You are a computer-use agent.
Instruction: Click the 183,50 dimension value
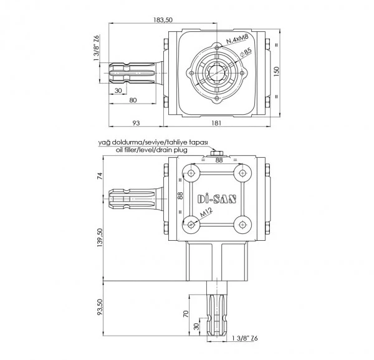pyautogui.click(x=163, y=20)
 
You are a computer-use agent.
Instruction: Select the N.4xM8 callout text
pyautogui.click(x=237, y=39)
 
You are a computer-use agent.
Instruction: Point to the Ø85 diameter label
pyautogui.click(x=246, y=52)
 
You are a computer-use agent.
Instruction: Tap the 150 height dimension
pyautogui.click(x=276, y=71)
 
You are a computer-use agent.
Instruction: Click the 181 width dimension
pyautogui.click(x=216, y=123)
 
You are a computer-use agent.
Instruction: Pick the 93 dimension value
pyautogui.click(x=136, y=123)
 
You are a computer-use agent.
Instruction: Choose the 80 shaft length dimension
pyautogui.click(x=133, y=100)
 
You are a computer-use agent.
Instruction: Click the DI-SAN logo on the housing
pyautogui.click(x=217, y=199)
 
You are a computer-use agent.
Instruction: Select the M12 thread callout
pyautogui.click(x=206, y=213)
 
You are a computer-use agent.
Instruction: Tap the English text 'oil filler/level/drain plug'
pyautogui.click(x=151, y=150)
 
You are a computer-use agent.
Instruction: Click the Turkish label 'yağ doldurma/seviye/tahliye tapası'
pyautogui.click(x=153, y=142)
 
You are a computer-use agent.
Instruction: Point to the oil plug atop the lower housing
pyautogui.click(x=216, y=153)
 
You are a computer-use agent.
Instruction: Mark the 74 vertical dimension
pyautogui.click(x=100, y=176)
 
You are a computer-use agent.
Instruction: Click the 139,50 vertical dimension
pyautogui.click(x=100, y=238)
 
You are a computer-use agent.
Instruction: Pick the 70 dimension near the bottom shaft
pyautogui.click(x=186, y=313)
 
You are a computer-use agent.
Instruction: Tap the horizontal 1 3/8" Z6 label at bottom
pyautogui.click(x=245, y=338)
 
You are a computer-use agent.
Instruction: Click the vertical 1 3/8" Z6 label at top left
pyautogui.click(x=96, y=48)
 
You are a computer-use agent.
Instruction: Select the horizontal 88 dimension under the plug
pyautogui.click(x=219, y=160)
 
